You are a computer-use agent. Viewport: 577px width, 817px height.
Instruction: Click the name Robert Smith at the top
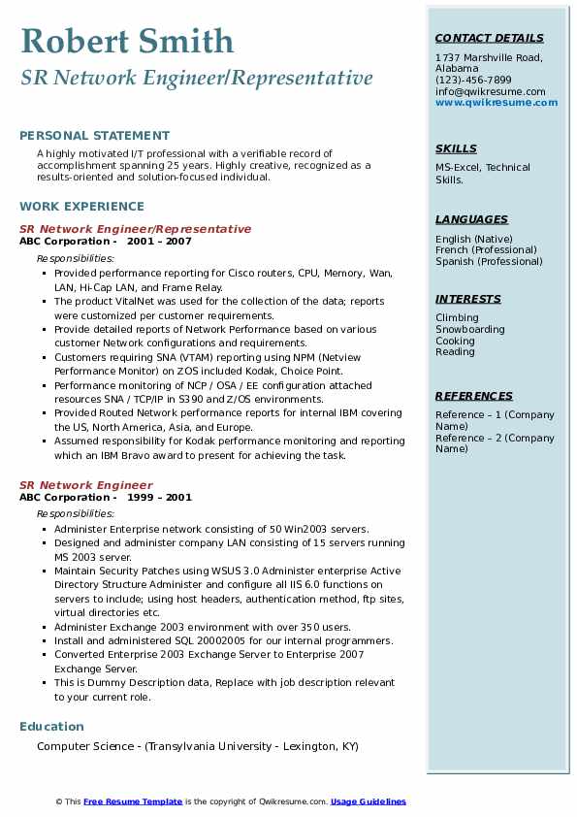(x=127, y=41)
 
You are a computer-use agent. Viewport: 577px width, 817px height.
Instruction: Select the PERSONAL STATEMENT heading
(x=94, y=136)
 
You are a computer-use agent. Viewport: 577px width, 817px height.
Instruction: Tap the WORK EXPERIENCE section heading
(x=81, y=206)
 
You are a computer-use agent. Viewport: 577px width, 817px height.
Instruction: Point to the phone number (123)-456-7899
(x=473, y=80)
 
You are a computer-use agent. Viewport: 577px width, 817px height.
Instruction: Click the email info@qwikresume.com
(x=490, y=91)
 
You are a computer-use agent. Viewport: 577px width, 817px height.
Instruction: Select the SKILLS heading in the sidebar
(x=456, y=148)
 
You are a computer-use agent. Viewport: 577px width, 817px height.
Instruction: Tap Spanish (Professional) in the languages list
(x=489, y=262)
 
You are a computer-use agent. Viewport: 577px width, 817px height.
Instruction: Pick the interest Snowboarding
(x=470, y=330)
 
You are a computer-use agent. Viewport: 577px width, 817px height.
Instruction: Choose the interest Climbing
(x=457, y=318)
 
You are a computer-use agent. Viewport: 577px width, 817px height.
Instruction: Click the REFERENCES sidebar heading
(x=474, y=396)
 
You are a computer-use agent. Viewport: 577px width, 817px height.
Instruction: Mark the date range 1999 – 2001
(x=159, y=498)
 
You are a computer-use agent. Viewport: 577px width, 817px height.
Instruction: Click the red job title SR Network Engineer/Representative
(x=135, y=229)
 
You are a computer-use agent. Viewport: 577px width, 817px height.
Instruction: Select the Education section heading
(x=51, y=726)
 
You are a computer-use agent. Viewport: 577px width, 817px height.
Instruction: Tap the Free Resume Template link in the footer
(x=133, y=801)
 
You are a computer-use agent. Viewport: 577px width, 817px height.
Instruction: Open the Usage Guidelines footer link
(x=368, y=801)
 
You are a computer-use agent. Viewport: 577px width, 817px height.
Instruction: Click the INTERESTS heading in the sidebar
(x=468, y=299)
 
